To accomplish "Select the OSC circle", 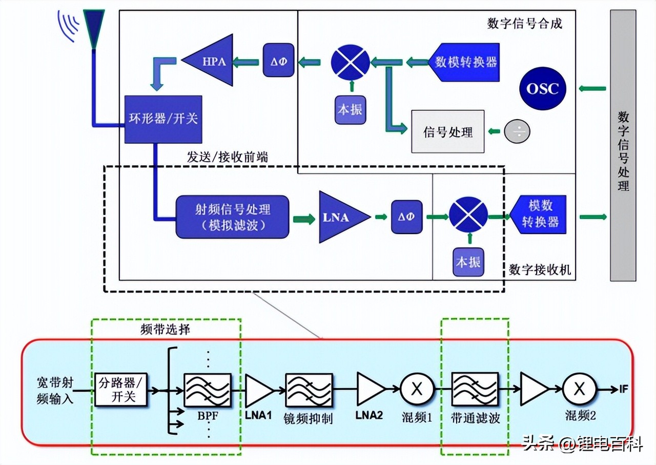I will [542, 88].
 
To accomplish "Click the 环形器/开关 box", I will [163, 119].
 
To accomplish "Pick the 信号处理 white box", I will [448, 132].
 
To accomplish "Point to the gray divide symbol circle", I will [517, 131].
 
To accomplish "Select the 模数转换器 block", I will [540, 214].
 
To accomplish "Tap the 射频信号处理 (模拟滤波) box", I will [232, 217].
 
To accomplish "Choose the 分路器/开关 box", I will [121, 390].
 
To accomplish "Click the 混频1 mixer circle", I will [417, 390].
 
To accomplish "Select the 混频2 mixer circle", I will [579, 390].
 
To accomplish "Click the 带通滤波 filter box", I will [474, 390].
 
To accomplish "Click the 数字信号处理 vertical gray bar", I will [623, 145].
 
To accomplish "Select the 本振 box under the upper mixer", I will [351, 109].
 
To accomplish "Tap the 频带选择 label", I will [165, 329].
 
